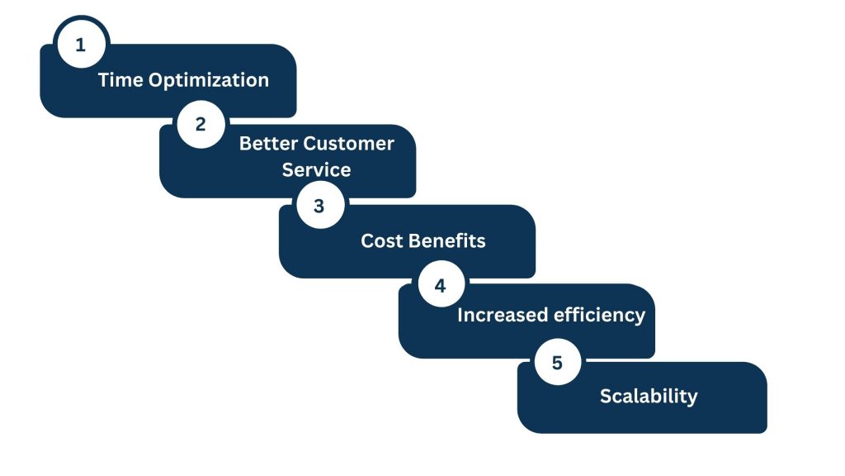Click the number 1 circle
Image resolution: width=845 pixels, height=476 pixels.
[x=81, y=45]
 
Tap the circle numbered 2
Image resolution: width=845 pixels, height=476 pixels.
[x=201, y=124]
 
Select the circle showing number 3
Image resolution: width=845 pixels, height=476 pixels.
[x=320, y=205]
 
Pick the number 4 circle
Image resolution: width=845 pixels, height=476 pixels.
[x=441, y=284]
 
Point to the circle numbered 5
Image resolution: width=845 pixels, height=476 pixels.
[x=558, y=362]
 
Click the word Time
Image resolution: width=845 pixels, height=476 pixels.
[x=120, y=80]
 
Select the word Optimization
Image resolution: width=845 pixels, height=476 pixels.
[x=209, y=80]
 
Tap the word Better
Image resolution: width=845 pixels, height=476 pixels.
[x=268, y=144]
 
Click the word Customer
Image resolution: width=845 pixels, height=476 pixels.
[x=349, y=144]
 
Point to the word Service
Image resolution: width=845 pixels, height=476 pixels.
[x=316, y=170]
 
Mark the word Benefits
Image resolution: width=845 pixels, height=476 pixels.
[x=444, y=240]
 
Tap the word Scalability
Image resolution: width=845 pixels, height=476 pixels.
[x=649, y=397]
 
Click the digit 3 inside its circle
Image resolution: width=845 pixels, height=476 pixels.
[x=319, y=206]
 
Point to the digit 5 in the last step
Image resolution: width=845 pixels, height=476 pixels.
[x=557, y=363]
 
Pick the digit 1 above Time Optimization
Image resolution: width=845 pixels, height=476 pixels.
[x=80, y=45]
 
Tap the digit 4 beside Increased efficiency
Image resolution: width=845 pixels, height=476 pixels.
[x=441, y=285]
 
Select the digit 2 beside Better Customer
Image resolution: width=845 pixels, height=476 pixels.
[x=201, y=124]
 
